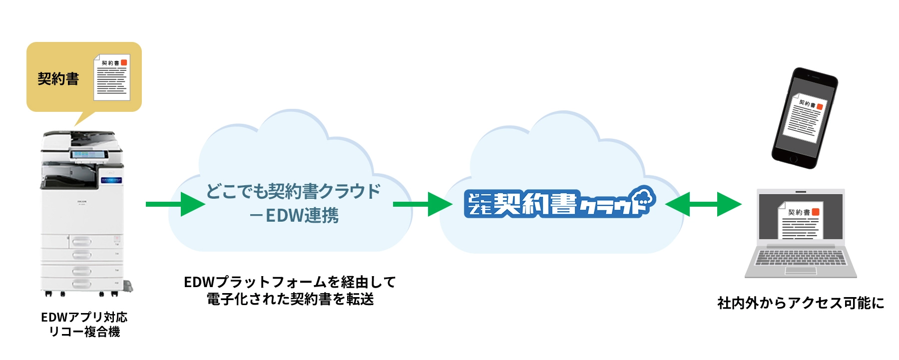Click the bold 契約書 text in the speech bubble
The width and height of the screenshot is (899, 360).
58,79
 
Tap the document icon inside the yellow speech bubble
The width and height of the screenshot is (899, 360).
112,77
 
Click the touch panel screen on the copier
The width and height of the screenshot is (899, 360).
89,155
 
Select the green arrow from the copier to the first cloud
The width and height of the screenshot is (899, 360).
175,204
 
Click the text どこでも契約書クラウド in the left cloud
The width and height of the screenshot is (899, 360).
293,191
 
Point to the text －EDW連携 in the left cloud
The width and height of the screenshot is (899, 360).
294,216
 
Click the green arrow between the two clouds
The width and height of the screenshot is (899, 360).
422,204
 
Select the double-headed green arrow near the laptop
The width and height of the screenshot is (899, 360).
703,204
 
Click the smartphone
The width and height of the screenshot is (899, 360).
804,118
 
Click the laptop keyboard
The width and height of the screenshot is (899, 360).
801,258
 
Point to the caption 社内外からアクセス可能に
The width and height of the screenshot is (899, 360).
801,303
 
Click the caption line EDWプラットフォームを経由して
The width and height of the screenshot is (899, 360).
290,282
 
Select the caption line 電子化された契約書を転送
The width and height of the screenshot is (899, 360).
290,299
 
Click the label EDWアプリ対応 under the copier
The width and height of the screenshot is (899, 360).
84,317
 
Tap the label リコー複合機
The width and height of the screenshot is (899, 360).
84,332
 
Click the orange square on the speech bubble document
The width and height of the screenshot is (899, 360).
124,62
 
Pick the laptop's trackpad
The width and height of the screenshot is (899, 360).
801,271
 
